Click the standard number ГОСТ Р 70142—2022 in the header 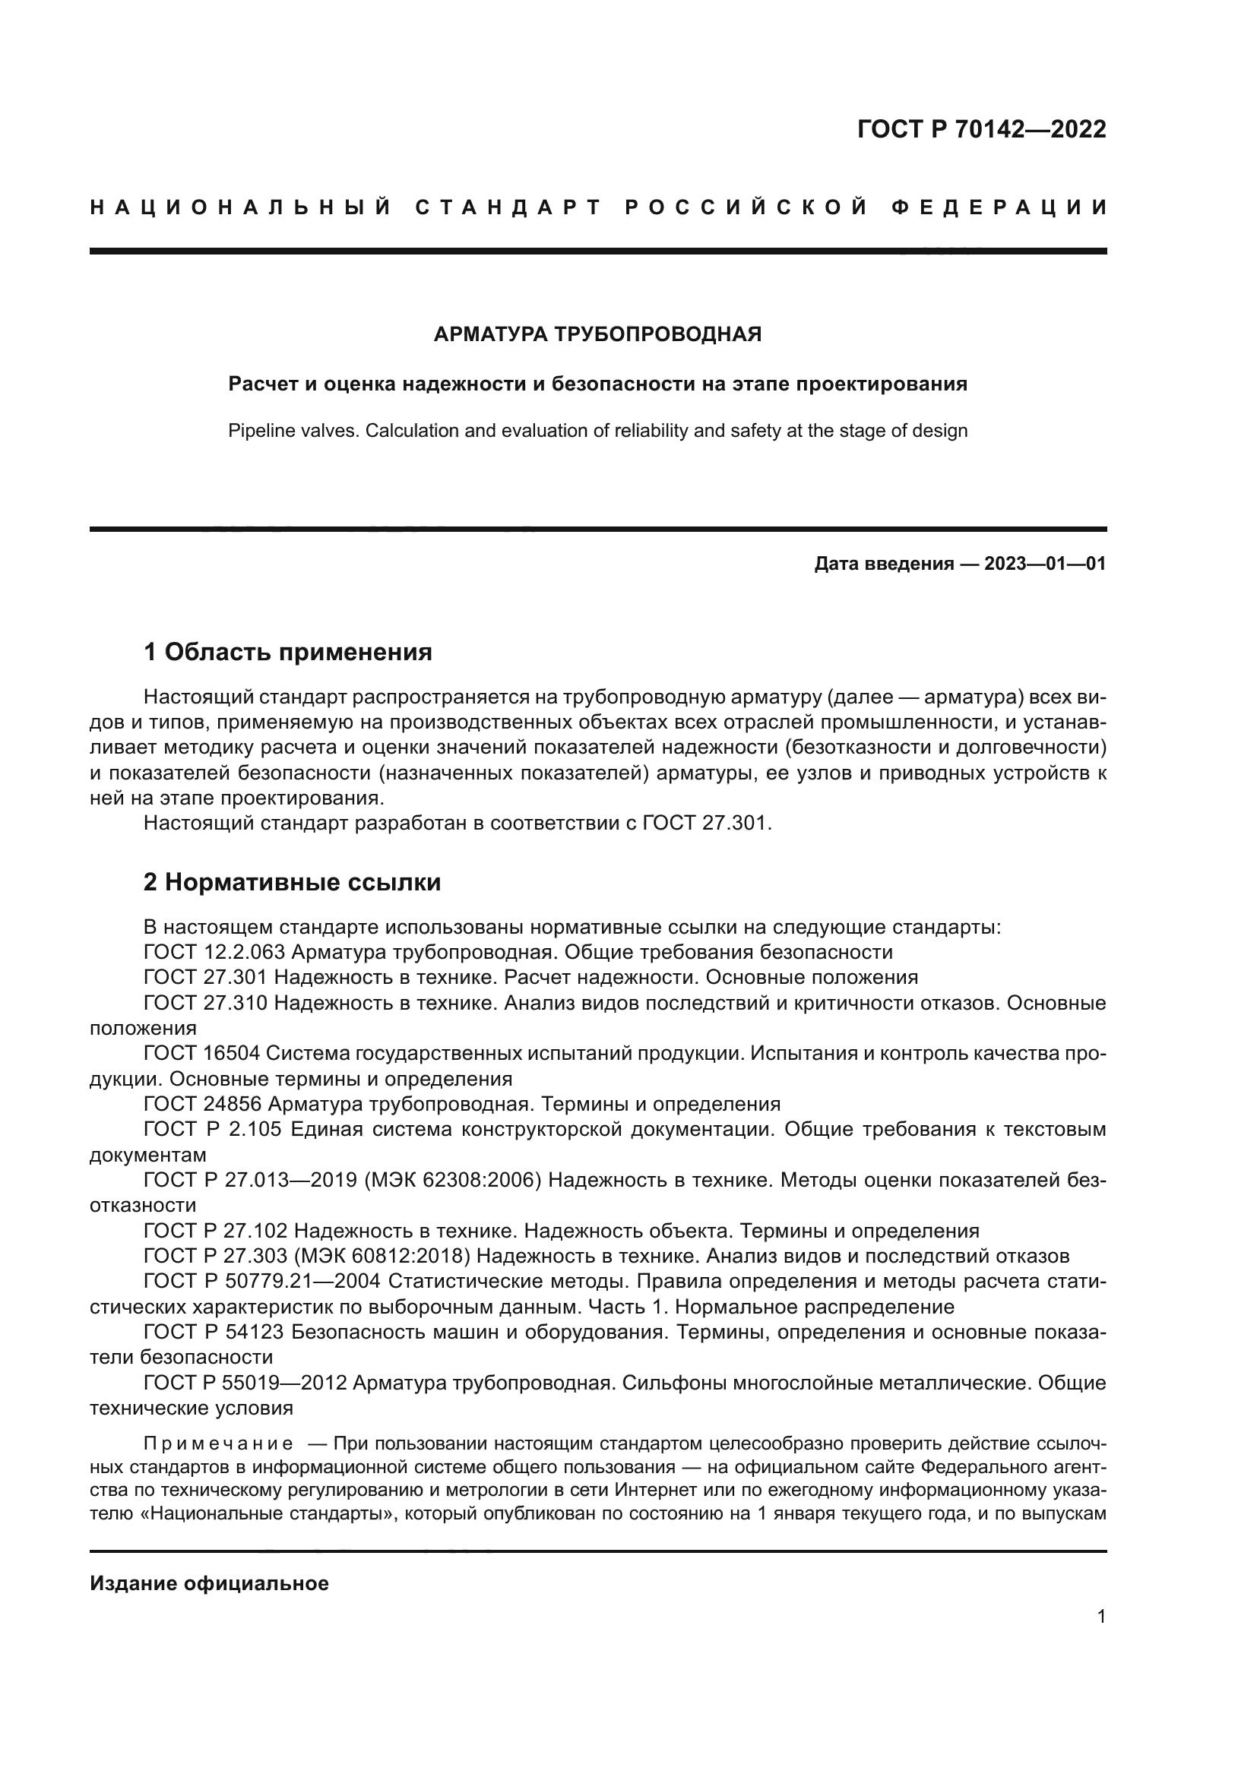[x=981, y=128]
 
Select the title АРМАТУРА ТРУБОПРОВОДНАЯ [x=597, y=334]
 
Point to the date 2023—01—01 [x=1045, y=564]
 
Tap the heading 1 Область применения [x=288, y=652]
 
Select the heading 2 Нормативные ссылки [x=292, y=881]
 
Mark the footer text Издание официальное [x=209, y=1583]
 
